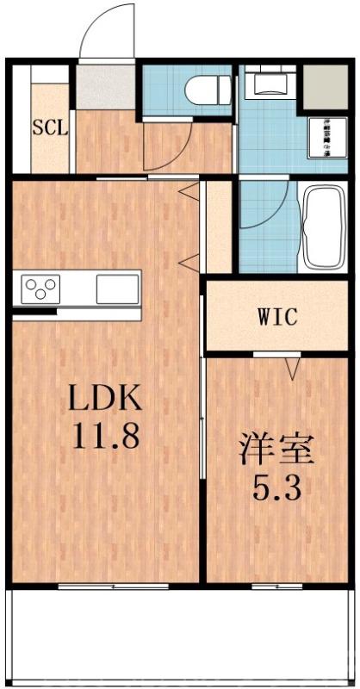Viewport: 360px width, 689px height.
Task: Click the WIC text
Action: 276,316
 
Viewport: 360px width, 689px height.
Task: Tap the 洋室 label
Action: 276,450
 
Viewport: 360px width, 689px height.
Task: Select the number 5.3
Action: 276,490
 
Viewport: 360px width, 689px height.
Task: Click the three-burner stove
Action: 40,287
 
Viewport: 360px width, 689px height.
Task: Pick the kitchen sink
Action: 117,288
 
